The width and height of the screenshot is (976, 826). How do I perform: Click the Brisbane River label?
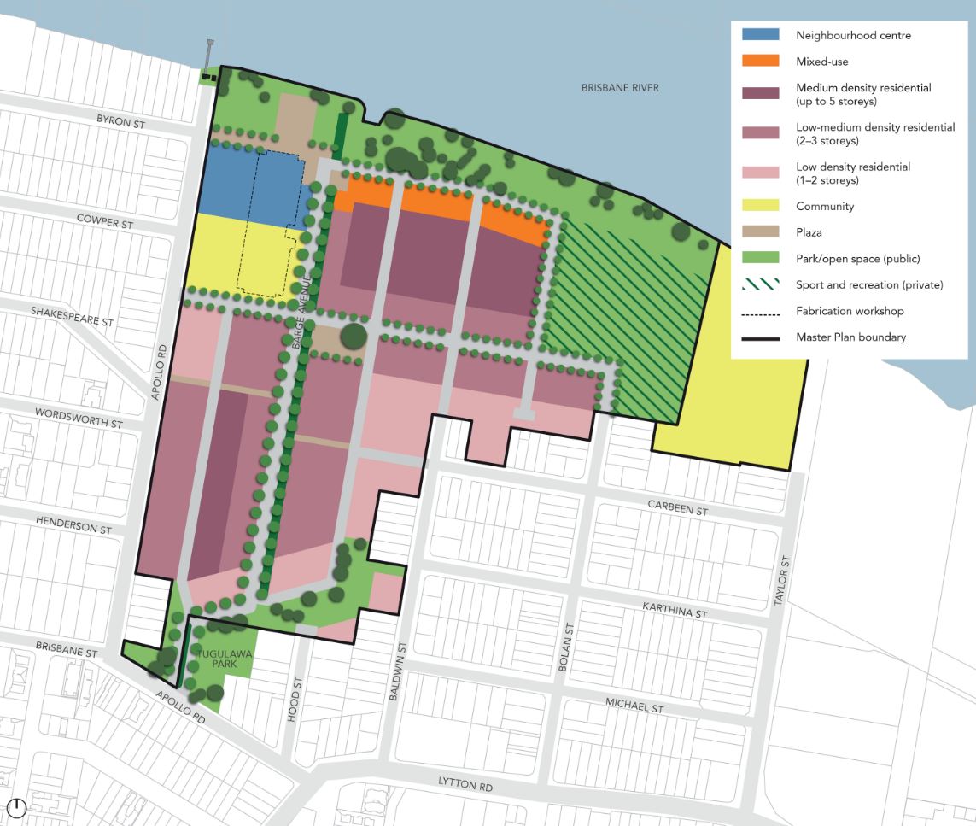click(x=620, y=88)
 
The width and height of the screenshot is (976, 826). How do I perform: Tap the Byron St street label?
click(x=120, y=122)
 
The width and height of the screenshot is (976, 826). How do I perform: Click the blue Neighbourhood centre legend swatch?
click(x=760, y=35)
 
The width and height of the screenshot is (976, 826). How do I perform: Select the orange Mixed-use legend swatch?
click(x=760, y=62)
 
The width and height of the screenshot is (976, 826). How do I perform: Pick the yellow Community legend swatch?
click(x=760, y=206)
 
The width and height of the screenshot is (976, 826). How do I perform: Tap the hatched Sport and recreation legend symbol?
click(x=760, y=284)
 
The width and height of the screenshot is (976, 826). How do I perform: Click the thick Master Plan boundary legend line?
click(x=760, y=338)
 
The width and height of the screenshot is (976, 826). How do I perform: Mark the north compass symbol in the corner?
click(x=16, y=807)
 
